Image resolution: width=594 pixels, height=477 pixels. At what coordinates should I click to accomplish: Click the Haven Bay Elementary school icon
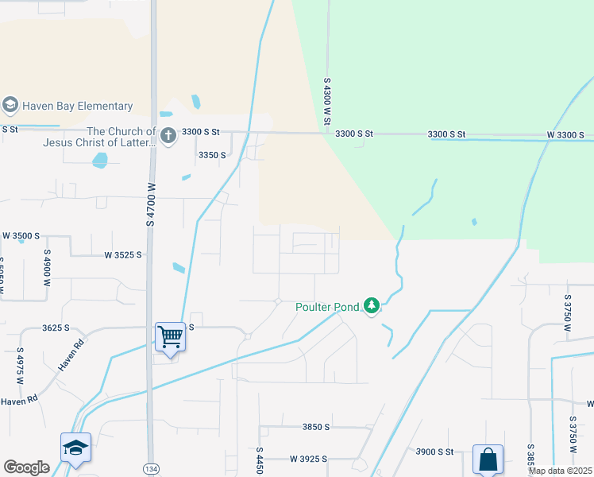pos(10,105)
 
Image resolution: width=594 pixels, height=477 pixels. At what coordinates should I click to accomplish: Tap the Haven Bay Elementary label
pos(77,106)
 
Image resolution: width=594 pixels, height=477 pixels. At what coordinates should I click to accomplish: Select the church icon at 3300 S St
pos(168,136)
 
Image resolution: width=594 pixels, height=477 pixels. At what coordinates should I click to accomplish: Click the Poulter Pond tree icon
pos(371,305)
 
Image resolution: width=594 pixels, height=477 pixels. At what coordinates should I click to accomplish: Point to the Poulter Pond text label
pos(328,306)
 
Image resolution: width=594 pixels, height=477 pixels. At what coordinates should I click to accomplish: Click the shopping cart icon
pos(171,336)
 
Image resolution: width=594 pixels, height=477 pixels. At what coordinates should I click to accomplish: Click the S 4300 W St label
pos(326,101)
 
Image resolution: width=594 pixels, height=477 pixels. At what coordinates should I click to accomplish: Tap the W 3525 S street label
pos(122,255)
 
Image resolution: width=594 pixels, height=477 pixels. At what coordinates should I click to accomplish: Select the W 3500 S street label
pos(21,236)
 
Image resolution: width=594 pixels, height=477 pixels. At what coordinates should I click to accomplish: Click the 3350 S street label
pos(212,155)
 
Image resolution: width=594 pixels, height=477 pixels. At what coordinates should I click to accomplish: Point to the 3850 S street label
pos(316,427)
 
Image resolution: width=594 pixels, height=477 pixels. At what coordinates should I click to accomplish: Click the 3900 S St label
pos(434,452)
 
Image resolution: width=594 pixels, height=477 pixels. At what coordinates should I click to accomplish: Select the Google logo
pos(26,467)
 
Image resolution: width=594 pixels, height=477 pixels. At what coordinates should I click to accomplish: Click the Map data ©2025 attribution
pos(560,471)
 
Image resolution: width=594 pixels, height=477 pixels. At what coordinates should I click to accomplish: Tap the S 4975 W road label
pos(19,366)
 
